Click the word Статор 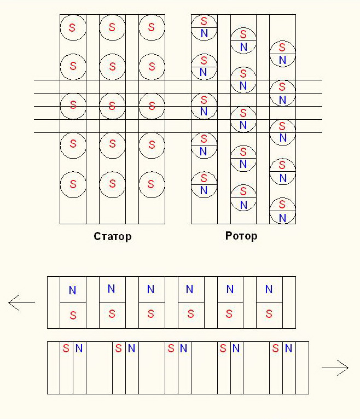click(113, 236)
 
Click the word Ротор click(241, 236)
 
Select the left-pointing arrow click(21, 302)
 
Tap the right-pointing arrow click(335, 368)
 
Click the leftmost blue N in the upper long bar click(72, 290)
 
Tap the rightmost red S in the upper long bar click(269, 314)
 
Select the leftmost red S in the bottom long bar click(66, 348)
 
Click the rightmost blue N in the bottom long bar click(288, 348)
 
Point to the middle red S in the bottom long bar click(171, 348)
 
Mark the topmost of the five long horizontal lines click(178, 80)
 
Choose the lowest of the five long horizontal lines click(178, 132)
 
